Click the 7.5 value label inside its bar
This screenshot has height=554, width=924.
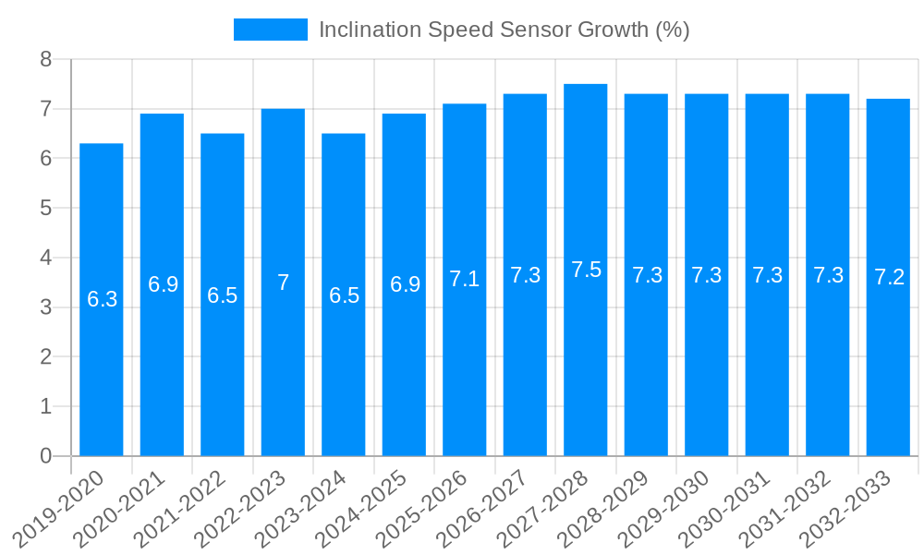coord(586,270)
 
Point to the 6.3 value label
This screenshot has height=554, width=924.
coord(102,299)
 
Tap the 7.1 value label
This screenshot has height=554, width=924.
coord(465,279)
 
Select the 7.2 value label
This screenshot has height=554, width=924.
coord(888,277)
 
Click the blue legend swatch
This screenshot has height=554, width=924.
coord(270,30)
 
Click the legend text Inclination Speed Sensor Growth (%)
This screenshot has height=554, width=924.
coord(504,30)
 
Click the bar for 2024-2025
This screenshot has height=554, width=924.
coord(404,369)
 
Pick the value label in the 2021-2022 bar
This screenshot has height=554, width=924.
coord(223,295)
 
